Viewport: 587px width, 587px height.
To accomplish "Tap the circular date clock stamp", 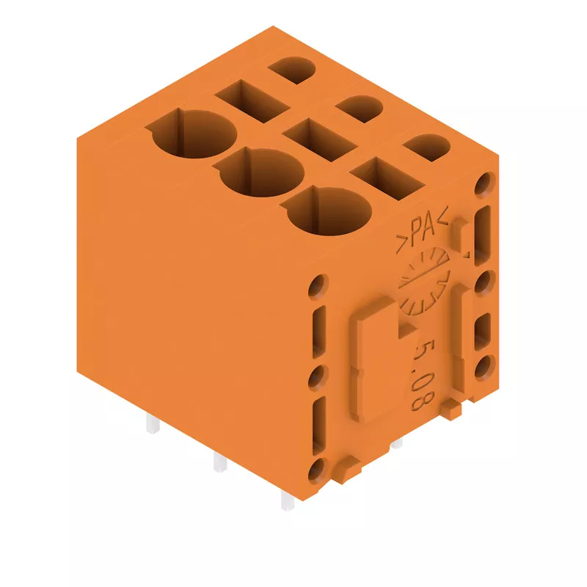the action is pyautogui.click(x=424, y=282).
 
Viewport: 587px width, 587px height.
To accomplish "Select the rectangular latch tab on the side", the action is pyautogui.click(x=374, y=360).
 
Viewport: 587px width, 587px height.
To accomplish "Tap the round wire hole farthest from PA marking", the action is pyautogui.click(x=194, y=134).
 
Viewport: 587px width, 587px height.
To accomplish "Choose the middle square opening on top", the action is pyautogui.click(x=320, y=139).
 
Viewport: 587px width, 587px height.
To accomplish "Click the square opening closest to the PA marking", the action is pyautogui.click(x=387, y=178).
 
